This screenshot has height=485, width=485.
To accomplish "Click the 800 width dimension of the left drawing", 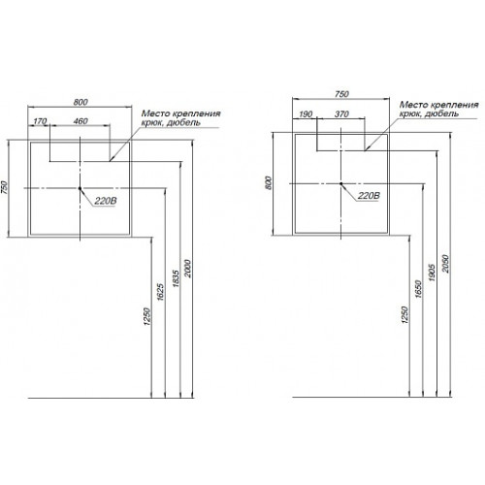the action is pos(81,102).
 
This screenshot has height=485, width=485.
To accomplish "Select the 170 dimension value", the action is pos(40,121).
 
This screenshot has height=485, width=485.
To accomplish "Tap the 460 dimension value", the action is pos(81,121).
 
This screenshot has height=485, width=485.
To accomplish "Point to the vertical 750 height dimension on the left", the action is pos(4,187).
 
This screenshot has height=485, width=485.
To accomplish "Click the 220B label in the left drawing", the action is pos(106,201).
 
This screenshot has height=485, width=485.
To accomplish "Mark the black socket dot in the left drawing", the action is pos(80,188).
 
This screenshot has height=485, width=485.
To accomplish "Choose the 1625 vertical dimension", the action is pos(161,292).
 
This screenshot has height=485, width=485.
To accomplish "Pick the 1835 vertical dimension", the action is pos(176,278).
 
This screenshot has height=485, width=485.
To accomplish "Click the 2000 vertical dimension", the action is pos(188,269).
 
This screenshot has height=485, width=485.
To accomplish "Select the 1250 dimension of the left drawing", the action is pos(147,316).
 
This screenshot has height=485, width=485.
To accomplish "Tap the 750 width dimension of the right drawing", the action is pos(341,94).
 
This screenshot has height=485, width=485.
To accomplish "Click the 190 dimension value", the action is pos(306,114).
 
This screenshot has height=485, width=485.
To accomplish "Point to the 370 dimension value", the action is pos(341,113).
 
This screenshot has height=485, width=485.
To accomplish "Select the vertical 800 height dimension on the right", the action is pos(269,183).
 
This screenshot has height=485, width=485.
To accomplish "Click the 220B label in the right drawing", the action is pos(369,196).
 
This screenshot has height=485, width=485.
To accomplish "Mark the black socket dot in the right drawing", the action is pos(340,183).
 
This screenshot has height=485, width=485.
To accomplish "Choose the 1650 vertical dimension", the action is pos(418,289).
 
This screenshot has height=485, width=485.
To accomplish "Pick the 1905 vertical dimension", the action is pos(433,273).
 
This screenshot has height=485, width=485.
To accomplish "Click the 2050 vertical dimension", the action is pos(445,264).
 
